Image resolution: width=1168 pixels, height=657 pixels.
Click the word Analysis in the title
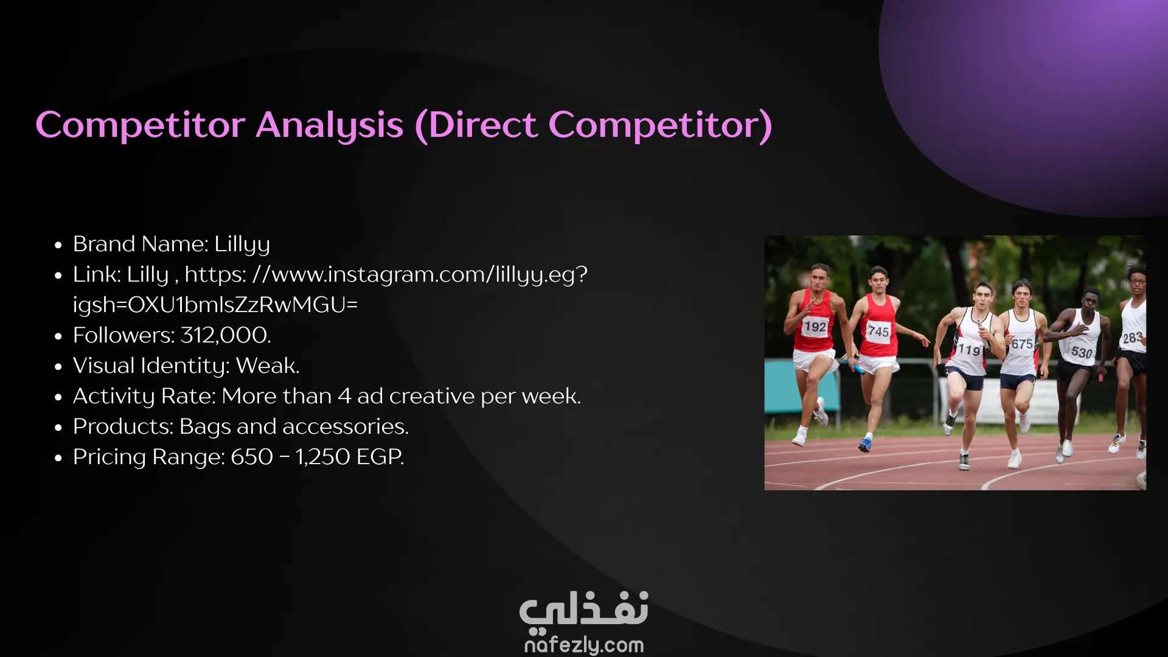(x=329, y=126)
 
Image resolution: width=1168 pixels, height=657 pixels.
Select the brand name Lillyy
(x=242, y=245)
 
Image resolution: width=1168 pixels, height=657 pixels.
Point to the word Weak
(x=268, y=366)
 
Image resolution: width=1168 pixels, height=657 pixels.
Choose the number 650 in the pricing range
(x=252, y=457)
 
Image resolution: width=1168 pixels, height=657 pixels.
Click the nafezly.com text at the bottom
(x=584, y=645)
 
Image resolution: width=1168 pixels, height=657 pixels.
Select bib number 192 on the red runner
(x=815, y=327)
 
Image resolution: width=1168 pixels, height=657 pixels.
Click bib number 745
(x=878, y=331)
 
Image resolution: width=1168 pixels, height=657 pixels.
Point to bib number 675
(x=1022, y=344)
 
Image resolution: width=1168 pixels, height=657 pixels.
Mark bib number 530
(x=1082, y=352)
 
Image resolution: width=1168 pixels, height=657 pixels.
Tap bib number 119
(x=969, y=350)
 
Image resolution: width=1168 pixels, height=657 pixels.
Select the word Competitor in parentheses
(x=660, y=126)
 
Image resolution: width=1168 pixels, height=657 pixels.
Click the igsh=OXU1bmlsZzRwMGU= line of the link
(x=215, y=305)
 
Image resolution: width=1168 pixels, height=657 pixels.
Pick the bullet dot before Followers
(x=58, y=336)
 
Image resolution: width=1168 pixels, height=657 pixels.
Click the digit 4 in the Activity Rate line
(x=345, y=396)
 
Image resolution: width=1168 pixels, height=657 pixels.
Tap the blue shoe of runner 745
(x=864, y=445)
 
